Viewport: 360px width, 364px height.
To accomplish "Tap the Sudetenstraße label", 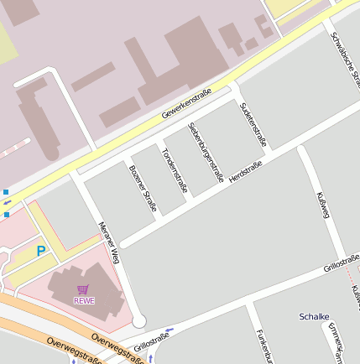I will click(x=253, y=124).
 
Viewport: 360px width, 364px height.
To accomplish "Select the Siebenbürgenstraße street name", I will click(x=206, y=152).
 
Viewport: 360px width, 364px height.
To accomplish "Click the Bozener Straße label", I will click(x=143, y=188).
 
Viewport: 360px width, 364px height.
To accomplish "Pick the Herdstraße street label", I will click(x=246, y=173).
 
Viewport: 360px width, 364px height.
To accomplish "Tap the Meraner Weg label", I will click(x=110, y=242).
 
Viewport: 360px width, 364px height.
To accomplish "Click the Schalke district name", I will click(x=315, y=316).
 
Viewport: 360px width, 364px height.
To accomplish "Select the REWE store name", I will click(x=84, y=300).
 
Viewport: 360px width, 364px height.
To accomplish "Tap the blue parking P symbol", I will click(x=41, y=250).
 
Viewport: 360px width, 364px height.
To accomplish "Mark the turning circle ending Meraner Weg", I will click(x=138, y=320).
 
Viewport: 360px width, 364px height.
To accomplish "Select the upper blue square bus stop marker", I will click(x=5, y=192).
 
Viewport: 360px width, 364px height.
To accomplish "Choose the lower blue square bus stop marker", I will click(x=7, y=215).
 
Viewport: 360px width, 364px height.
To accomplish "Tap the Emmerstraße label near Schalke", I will click(x=337, y=340).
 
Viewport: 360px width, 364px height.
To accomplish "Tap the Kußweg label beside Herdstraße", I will click(x=321, y=205).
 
